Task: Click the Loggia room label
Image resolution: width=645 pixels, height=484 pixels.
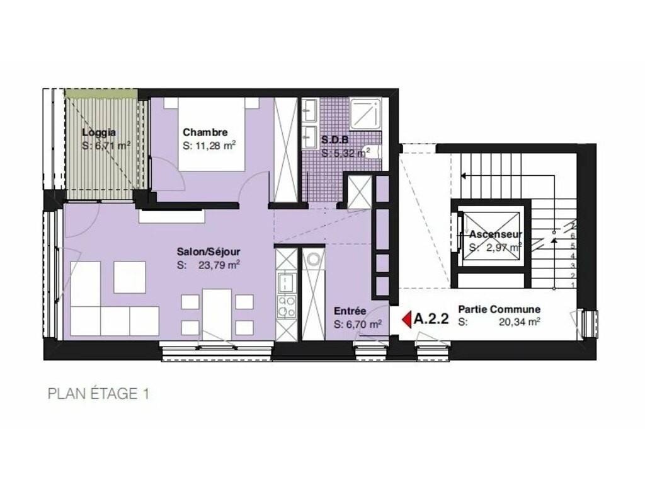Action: (99, 132)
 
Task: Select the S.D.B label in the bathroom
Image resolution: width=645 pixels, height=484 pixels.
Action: (335, 141)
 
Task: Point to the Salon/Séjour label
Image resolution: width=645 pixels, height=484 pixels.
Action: (208, 251)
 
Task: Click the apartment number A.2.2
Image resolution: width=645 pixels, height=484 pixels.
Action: (431, 319)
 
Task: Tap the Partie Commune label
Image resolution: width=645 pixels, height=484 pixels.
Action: (499, 309)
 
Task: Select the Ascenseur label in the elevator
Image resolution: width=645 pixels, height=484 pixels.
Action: (496, 234)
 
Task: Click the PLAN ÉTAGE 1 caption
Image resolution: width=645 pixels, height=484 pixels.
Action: (99, 394)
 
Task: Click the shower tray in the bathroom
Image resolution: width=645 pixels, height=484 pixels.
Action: (366, 113)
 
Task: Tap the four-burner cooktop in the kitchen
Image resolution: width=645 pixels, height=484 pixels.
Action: (287, 307)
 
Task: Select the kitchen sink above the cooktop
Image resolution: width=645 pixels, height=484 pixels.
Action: (287, 283)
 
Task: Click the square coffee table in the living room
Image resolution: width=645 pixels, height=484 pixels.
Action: (130, 277)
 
